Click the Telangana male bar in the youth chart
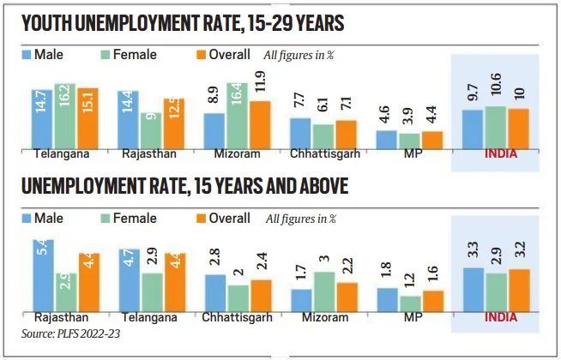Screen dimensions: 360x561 coord(43,118)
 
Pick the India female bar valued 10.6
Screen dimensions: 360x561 coord(495,126)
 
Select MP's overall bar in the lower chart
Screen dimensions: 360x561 coord(433,302)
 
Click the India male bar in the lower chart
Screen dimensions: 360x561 coord(473,290)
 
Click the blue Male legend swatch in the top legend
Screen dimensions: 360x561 coord(27,55)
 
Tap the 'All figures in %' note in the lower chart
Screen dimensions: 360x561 coord(301,219)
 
